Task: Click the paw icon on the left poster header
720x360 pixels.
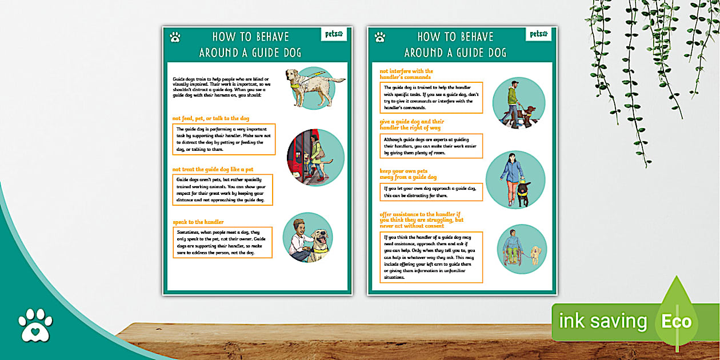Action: click(175, 37)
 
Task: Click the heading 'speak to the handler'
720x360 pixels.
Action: click(198, 222)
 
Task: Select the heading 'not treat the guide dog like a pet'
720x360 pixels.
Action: click(213, 169)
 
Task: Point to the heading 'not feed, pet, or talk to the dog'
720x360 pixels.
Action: click(211, 118)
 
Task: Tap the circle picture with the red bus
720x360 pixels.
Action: click(315, 158)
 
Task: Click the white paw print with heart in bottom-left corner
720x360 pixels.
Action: click(35, 325)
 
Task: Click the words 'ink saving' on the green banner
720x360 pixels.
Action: click(603, 321)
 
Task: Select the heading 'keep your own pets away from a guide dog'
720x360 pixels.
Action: click(409, 174)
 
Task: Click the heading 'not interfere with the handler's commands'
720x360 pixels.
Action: click(406, 74)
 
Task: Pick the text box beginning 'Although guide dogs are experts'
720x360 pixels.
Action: click(431, 146)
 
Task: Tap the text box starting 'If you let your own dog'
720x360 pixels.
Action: click(431, 191)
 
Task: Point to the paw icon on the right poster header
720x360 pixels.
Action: click(380, 37)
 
